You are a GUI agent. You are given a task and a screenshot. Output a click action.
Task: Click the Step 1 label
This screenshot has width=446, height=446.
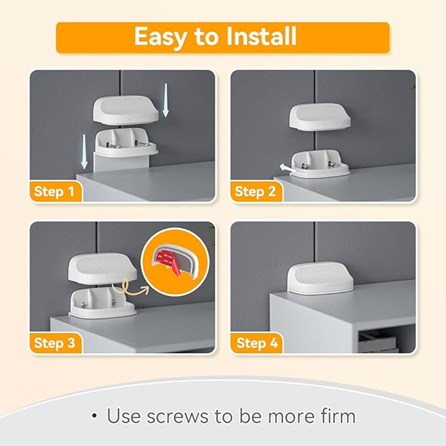tap(54, 191)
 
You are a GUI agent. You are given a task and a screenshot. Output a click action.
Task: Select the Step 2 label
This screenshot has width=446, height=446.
tap(255, 191)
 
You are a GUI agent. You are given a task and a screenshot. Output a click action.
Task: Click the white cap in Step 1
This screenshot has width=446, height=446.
tap(126, 110)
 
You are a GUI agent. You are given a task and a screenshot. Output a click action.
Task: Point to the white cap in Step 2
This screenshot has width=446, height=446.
tap(320, 116)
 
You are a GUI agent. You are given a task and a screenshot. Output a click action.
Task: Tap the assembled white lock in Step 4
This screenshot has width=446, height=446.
tap(320, 278)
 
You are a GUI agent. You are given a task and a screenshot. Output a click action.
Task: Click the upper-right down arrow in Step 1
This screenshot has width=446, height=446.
tap(165, 100)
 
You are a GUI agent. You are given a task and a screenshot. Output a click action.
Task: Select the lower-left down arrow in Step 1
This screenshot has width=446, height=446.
tap(84, 152)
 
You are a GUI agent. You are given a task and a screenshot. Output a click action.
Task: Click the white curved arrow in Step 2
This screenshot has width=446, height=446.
tap(287, 168)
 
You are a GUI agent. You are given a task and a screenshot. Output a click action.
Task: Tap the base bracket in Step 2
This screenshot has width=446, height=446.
tap(319, 164)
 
